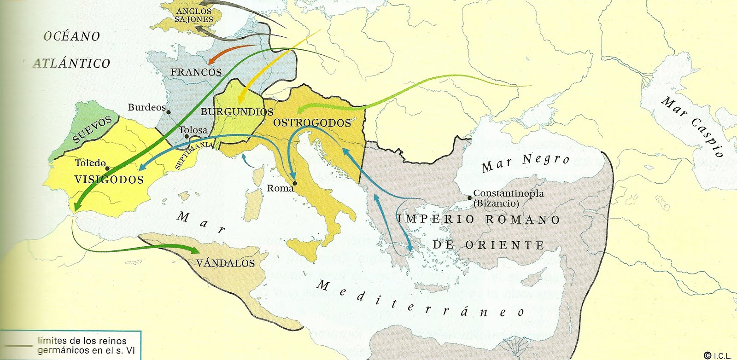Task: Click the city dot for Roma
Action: click(x=295, y=183)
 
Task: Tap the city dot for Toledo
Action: click(x=107, y=168)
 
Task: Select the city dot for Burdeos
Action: click(x=169, y=112)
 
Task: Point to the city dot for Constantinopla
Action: click(x=469, y=198)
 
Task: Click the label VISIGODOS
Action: click(x=109, y=180)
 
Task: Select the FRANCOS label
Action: click(x=196, y=72)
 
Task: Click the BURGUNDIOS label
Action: click(x=237, y=112)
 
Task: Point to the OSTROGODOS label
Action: click(x=312, y=123)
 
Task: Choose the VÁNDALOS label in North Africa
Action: click(x=225, y=263)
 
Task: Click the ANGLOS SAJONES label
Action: click(x=194, y=15)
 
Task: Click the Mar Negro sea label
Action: click(x=526, y=163)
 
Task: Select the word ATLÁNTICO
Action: click(x=71, y=63)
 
